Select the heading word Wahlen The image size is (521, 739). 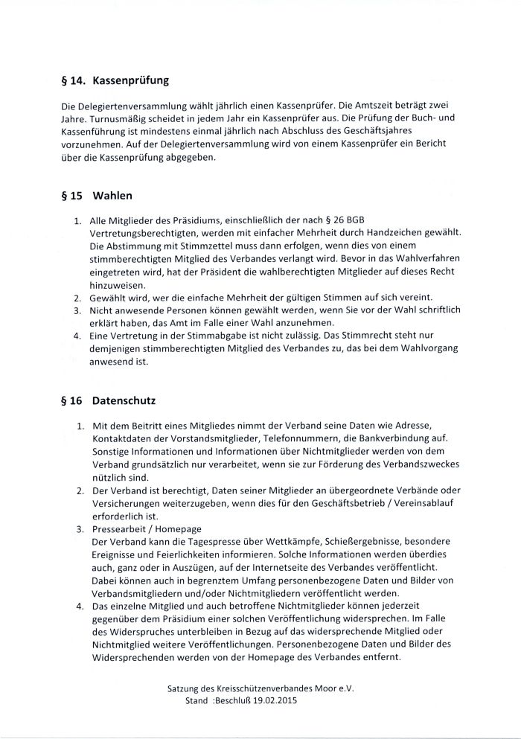tap(113, 197)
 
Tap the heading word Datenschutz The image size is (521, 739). tap(124, 400)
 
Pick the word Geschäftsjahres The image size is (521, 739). tap(391, 132)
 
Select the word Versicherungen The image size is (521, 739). tap(126, 505)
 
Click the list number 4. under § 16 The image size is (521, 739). tap(79, 608)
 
